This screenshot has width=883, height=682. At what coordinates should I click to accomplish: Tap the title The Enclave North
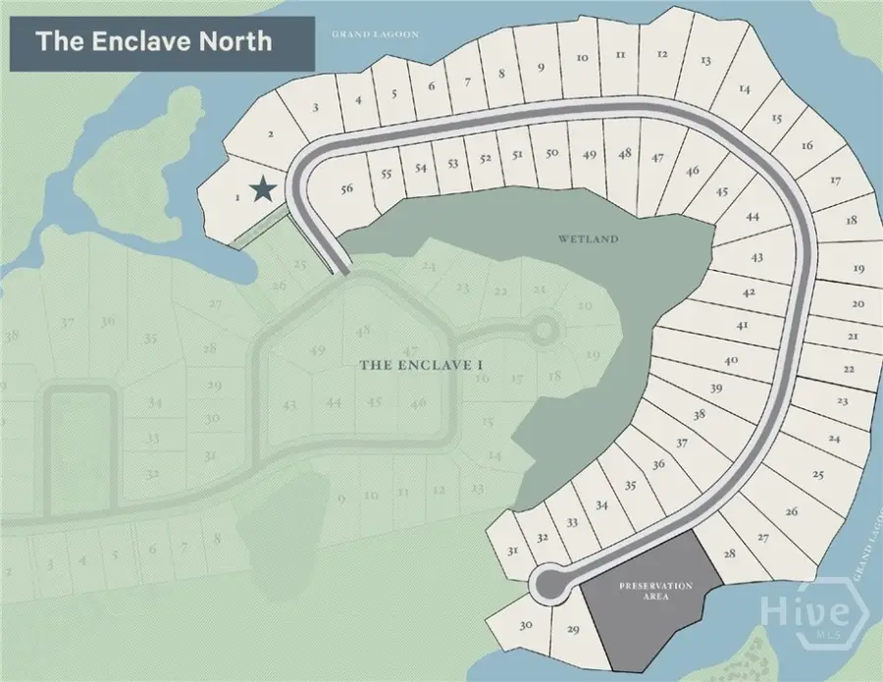point(154,42)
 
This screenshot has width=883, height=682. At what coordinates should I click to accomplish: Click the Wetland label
point(589,239)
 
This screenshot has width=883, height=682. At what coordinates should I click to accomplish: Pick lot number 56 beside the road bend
point(345,189)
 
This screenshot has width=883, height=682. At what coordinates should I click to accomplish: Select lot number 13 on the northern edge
point(705,61)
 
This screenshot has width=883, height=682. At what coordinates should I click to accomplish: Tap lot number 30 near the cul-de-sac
point(526,625)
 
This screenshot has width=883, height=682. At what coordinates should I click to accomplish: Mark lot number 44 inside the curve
point(753,217)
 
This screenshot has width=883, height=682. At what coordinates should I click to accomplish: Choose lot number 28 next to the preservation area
point(729,554)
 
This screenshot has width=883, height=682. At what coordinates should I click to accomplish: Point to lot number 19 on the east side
point(858,268)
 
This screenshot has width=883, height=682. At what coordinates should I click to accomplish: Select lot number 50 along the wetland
point(552,153)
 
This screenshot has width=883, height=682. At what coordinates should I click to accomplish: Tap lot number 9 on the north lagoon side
point(540,68)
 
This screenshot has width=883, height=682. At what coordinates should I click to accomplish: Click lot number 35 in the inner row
point(630,485)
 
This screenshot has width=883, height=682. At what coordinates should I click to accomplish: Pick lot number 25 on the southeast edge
point(818,474)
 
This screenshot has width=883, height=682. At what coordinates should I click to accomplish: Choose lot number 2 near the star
point(270,136)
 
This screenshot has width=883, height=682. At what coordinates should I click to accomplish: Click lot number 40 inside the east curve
point(731,360)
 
